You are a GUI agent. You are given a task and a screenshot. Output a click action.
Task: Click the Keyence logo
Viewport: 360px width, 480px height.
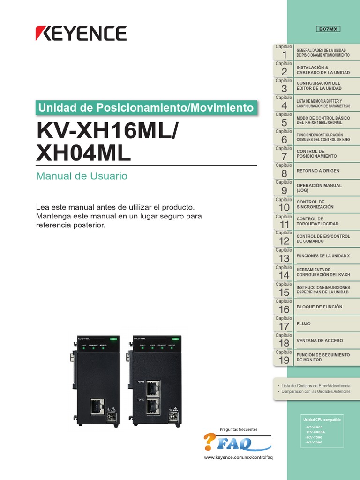point(81,33)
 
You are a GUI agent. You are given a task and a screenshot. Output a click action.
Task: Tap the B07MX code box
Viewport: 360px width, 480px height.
point(328,29)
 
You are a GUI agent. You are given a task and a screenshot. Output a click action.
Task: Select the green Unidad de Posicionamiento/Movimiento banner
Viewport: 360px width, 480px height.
point(146,107)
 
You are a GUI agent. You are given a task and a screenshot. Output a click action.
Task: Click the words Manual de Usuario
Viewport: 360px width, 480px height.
point(82,176)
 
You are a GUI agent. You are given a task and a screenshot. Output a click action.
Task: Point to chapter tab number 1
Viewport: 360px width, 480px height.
point(284,52)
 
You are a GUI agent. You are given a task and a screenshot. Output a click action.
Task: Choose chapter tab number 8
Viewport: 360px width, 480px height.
point(284,171)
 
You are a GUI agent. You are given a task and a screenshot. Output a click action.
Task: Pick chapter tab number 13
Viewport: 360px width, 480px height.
point(284,256)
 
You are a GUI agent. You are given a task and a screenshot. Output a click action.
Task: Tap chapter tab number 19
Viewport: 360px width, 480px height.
point(284,358)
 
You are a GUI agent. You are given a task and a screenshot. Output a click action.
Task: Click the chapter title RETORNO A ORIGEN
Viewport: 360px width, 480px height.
point(318,171)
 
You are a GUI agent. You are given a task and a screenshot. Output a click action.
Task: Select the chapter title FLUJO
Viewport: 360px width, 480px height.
point(303,324)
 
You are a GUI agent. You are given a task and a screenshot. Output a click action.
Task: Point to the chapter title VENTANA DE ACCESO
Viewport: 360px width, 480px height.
point(320,340)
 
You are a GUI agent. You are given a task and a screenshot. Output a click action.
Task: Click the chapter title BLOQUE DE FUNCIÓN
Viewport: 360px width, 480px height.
point(319,307)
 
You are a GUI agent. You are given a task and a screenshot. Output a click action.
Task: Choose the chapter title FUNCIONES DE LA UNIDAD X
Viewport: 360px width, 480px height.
point(323,256)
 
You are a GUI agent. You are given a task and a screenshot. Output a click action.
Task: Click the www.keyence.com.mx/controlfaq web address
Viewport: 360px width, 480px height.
point(238,457)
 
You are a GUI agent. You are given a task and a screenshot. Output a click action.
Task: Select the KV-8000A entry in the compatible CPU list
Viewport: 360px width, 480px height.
point(315,432)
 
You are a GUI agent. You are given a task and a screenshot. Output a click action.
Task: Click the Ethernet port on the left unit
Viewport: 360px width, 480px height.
point(97,407)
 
